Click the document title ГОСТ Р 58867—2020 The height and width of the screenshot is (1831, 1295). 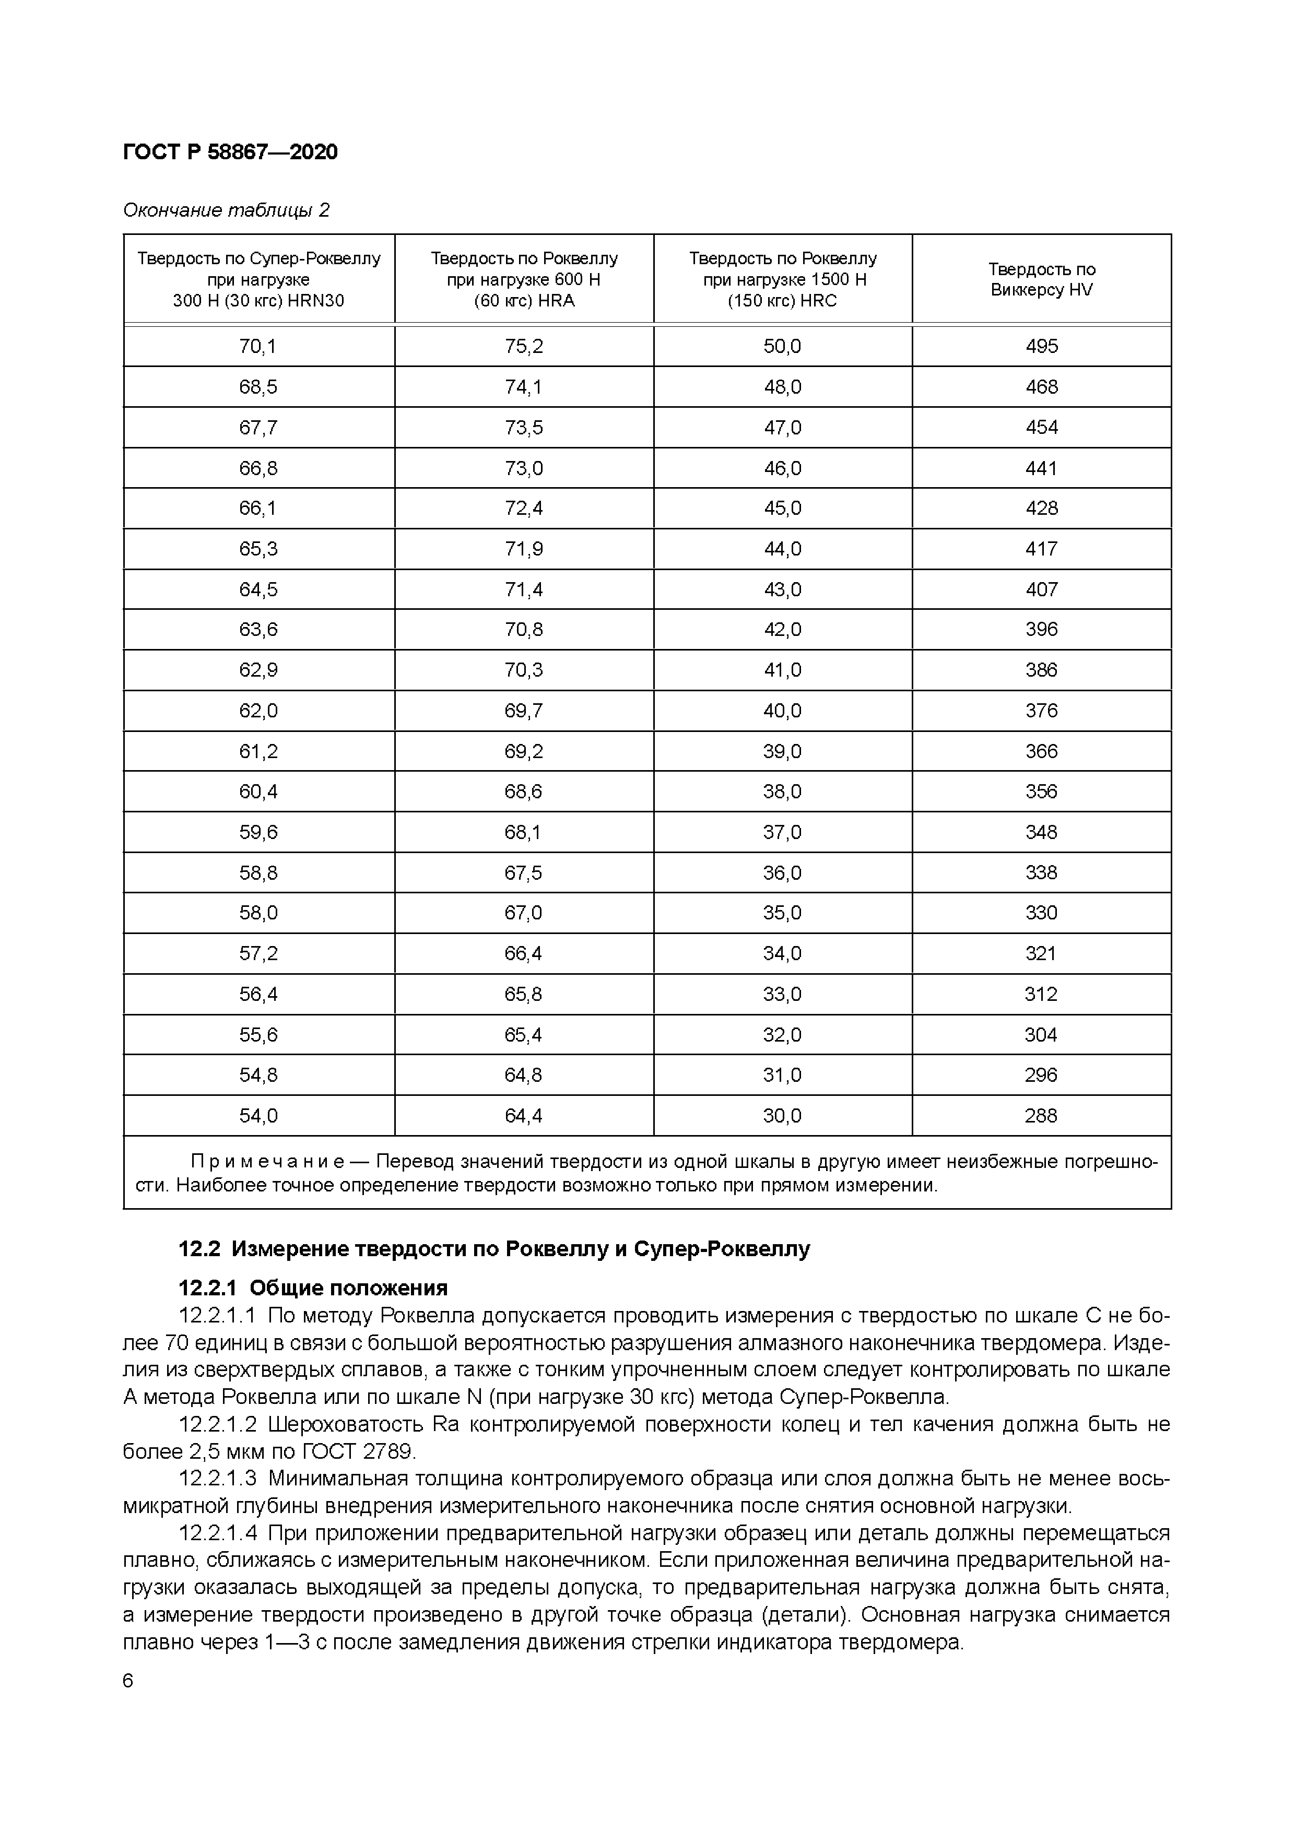pos(230,151)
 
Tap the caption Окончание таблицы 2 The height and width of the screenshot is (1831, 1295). pos(226,210)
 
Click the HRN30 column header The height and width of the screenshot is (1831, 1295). pos(258,279)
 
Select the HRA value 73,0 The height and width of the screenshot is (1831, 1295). pos(523,468)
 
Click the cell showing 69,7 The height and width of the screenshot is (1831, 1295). pos(523,711)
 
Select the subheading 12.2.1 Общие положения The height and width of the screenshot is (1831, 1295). pos(313,1288)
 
